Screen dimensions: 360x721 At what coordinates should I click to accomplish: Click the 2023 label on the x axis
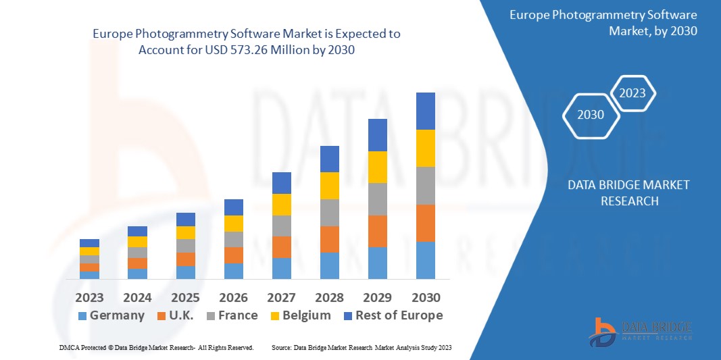pyautogui.click(x=89, y=298)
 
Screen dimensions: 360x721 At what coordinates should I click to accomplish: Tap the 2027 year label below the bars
pyautogui.click(x=282, y=298)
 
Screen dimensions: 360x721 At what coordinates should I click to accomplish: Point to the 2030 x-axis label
pyautogui.click(x=426, y=298)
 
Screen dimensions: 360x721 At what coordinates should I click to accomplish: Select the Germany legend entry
pyautogui.click(x=111, y=315)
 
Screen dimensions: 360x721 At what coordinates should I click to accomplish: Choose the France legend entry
pyautogui.click(x=231, y=315)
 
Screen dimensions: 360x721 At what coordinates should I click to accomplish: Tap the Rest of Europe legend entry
pyautogui.click(x=393, y=315)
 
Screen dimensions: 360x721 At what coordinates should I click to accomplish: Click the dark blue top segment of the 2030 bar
pyautogui.click(x=426, y=111)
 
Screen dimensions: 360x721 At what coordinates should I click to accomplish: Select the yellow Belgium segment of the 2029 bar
pyautogui.click(x=378, y=167)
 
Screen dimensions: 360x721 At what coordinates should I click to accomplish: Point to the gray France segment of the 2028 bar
pyautogui.click(x=330, y=212)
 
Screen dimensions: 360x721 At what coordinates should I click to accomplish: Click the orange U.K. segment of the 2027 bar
pyautogui.click(x=282, y=247)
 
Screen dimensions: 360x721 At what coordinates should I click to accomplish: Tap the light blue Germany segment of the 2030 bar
pyautogui.click(x=426, y=260)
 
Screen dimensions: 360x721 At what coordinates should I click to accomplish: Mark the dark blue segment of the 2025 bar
pyautogui.click(x=186, y=220)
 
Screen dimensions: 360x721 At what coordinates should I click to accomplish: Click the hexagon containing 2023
pyautogui.click(x=632, y=93)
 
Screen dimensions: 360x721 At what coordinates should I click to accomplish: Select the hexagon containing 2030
pyautogui.click(x=591, y=115)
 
